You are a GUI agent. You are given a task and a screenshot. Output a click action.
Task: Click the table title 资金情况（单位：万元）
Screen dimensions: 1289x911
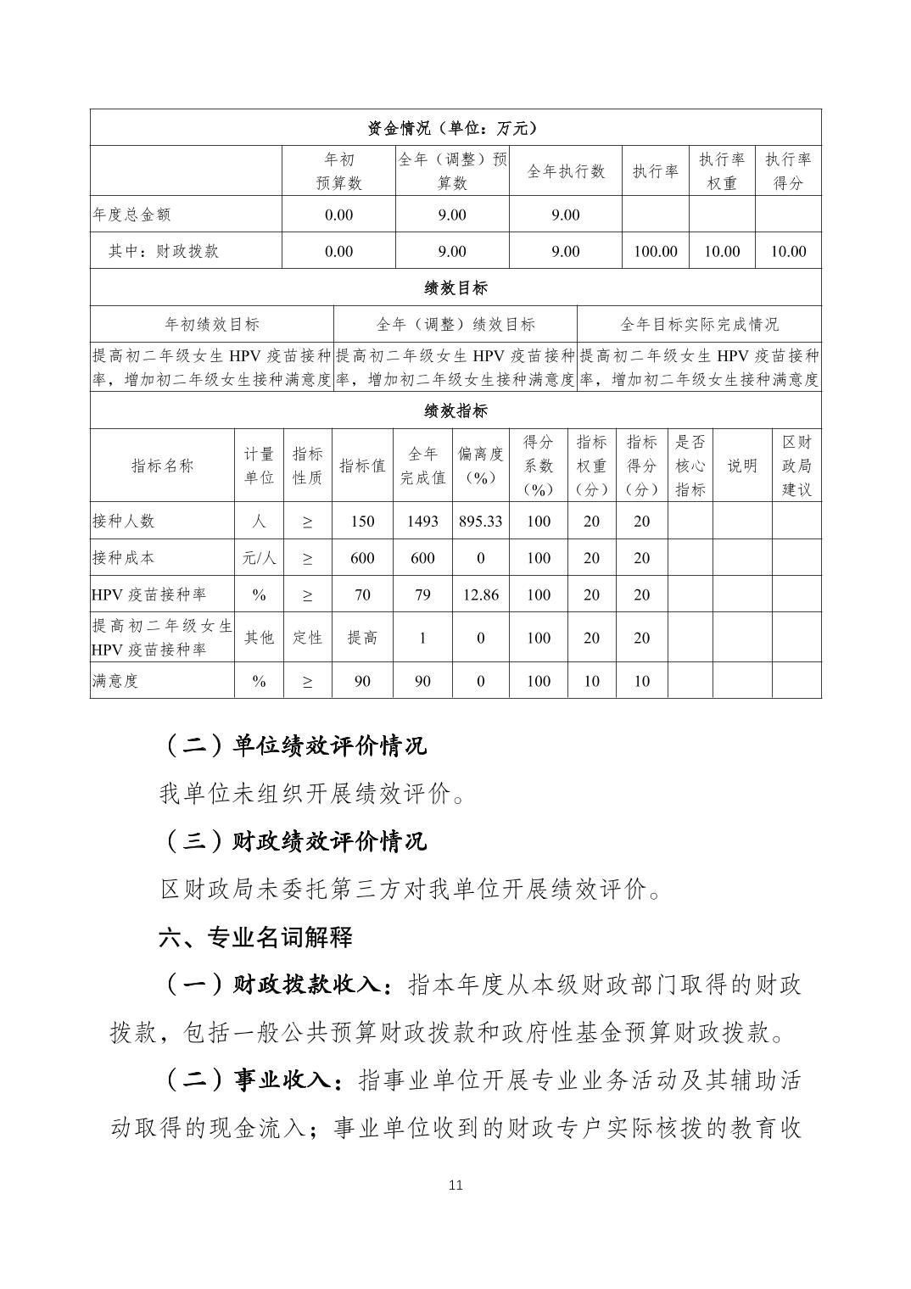455,128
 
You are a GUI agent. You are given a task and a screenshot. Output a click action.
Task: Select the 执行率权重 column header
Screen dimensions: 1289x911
721,171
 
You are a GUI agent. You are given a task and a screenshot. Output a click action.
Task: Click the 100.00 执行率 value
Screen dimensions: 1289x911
655,251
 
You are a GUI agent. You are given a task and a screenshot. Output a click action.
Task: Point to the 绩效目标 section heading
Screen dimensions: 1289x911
455,287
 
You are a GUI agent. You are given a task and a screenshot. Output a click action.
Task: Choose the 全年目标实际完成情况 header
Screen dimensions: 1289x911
699,324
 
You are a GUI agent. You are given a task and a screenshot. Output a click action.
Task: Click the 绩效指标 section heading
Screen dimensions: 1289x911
455,411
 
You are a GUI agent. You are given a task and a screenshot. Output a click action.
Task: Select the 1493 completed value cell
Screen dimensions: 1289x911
422,521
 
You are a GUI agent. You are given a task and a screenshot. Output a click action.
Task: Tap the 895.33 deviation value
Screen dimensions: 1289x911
480,521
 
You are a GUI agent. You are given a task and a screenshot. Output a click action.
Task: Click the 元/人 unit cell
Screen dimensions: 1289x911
259,558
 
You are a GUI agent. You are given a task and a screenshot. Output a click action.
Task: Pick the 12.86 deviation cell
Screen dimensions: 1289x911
480,594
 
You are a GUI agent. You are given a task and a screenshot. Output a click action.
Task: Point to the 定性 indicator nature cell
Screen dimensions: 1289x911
307,638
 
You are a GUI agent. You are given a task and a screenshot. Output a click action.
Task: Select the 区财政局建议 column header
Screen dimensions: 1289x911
796,466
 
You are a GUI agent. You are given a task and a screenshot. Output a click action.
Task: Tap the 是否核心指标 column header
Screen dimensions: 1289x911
690,466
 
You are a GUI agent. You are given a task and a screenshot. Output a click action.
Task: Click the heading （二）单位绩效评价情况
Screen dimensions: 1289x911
293,745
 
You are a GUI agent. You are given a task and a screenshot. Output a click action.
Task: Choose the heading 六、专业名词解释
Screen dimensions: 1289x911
255,937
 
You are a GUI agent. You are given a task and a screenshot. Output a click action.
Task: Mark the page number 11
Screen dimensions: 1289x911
455,1185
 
